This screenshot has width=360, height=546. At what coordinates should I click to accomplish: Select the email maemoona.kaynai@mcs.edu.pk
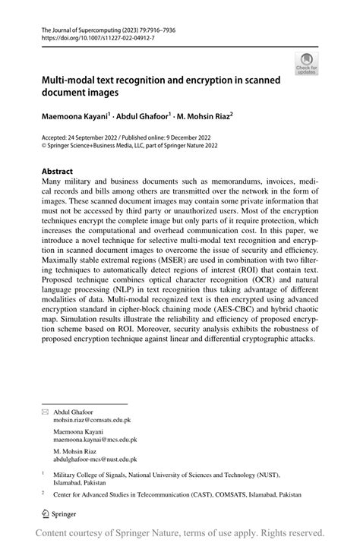[x=95, y=439]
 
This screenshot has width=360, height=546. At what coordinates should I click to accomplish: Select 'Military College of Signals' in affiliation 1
[x=96, y=472]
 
